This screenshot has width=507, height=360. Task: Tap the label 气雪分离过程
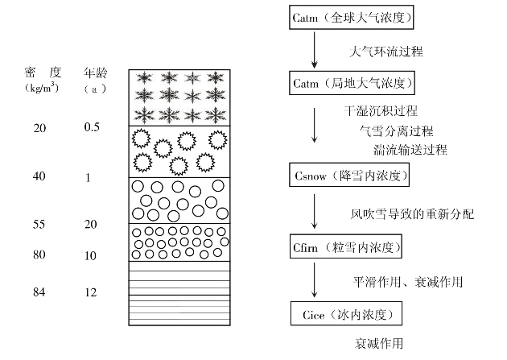(396, 130)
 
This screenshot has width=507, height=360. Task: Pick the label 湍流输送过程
(410, 149)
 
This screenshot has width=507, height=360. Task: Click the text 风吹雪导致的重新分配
(412, 213)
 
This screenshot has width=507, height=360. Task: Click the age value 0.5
(92, 127)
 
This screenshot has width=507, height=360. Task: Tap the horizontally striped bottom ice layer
(180, 300)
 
